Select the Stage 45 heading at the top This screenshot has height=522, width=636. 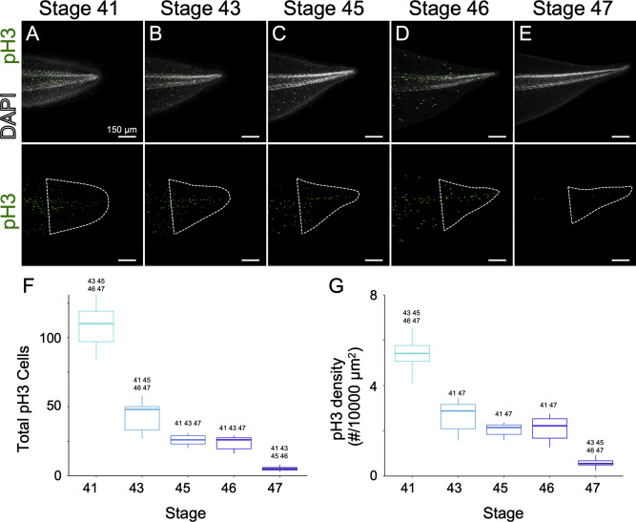(x=324, y=10)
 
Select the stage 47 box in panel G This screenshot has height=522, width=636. (x=572, y=462)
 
